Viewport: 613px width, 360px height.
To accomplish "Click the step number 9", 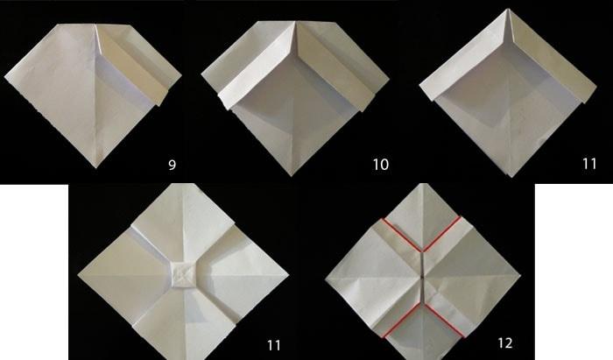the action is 172,165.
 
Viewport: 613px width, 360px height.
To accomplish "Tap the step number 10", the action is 380,165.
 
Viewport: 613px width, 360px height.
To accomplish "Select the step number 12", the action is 504,342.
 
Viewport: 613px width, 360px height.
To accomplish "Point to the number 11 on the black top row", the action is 589,164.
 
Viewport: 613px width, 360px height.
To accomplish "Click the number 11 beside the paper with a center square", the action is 274,345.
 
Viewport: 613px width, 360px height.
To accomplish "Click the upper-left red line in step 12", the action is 401,235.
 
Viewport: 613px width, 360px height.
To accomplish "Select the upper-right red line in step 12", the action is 441,234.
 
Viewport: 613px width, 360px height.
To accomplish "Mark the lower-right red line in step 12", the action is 445,320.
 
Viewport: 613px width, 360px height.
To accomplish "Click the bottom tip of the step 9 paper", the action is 96,167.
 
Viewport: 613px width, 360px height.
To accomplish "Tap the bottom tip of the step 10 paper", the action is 292,176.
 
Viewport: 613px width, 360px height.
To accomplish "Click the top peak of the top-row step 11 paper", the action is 508,10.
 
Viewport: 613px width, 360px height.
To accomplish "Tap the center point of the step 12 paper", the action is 423,276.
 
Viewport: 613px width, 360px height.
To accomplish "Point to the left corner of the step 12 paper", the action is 326,279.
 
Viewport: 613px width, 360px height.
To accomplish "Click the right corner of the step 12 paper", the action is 520,275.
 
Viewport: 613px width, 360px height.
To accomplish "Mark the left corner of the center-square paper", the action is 78,275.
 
